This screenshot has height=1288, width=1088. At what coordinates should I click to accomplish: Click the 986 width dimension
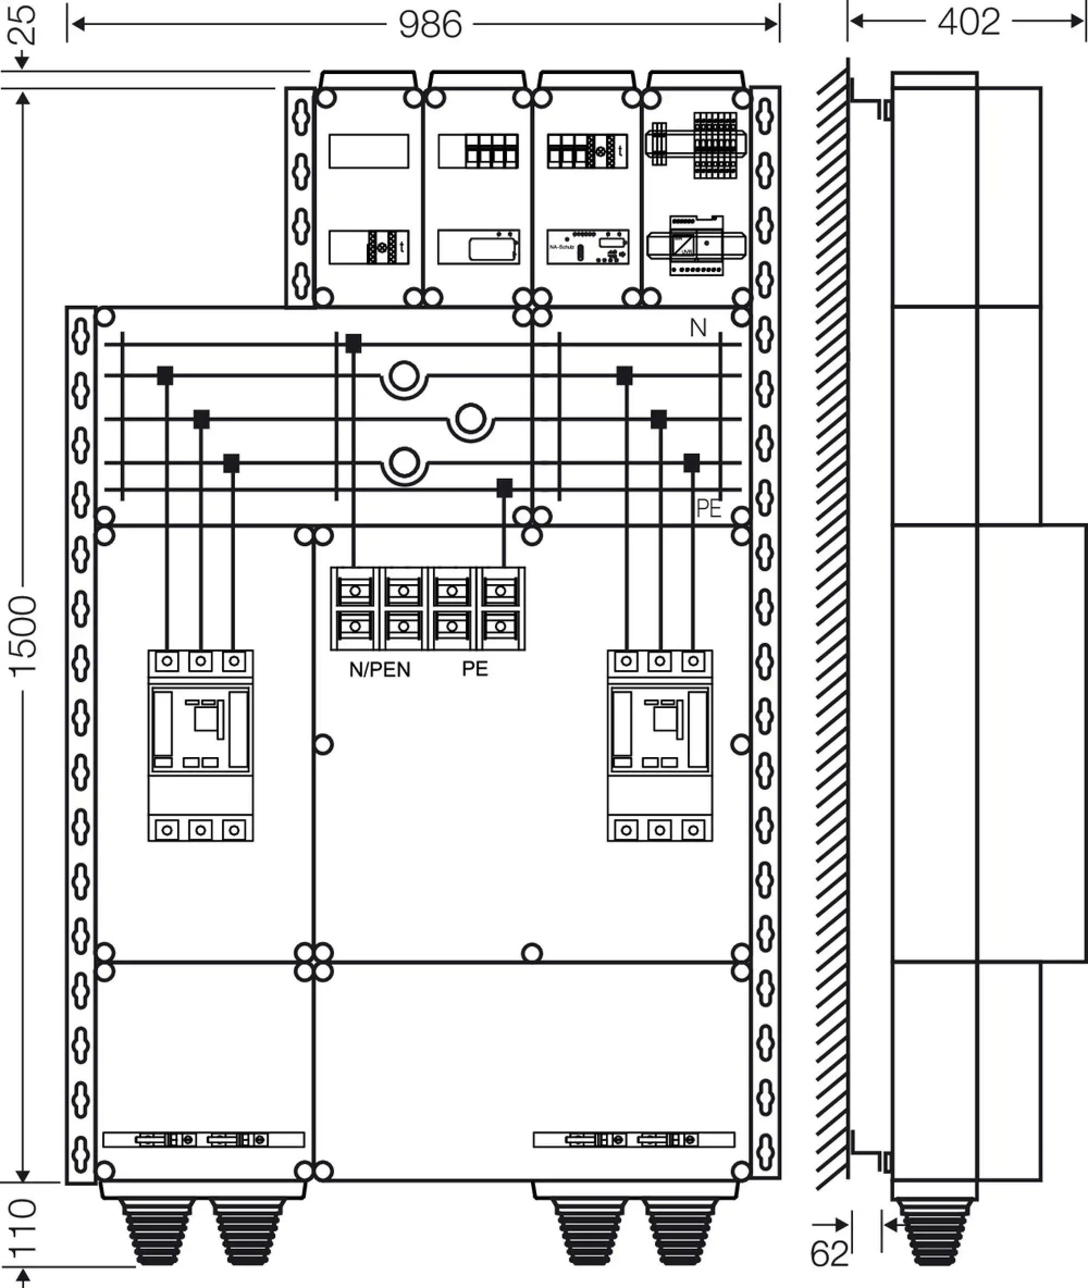point(430,24)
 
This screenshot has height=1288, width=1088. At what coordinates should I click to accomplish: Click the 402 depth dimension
point(968,22)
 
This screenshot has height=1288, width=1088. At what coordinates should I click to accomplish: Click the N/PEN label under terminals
point(379,670)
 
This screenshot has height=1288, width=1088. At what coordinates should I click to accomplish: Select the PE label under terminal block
point(475,669)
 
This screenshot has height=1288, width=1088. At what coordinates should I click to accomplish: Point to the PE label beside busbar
point(708,509)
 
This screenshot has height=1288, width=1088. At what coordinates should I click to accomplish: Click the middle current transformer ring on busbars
point(471,419)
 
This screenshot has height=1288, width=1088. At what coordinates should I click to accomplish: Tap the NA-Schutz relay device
point(588,247)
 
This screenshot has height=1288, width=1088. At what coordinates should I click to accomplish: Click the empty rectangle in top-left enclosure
point(368,151)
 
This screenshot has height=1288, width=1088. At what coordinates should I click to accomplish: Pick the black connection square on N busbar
point(354,343)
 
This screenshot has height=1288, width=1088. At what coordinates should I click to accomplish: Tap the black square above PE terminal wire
point(504,488)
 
